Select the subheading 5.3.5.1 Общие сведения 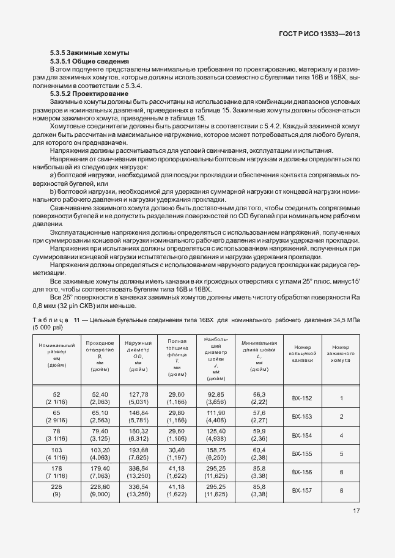pos(89,62)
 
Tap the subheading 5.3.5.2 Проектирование pos(89,94)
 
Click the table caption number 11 pos(76,320)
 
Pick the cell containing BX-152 pos(302,398)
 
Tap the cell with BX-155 pos(302,454)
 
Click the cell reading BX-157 pos(302,490)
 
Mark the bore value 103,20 pos(100,450)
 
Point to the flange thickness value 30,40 pos(176,450)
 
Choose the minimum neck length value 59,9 pos(257,431)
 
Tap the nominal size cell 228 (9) pos(56,490)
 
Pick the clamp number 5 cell pos(341,454)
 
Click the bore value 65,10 pos(100,413)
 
